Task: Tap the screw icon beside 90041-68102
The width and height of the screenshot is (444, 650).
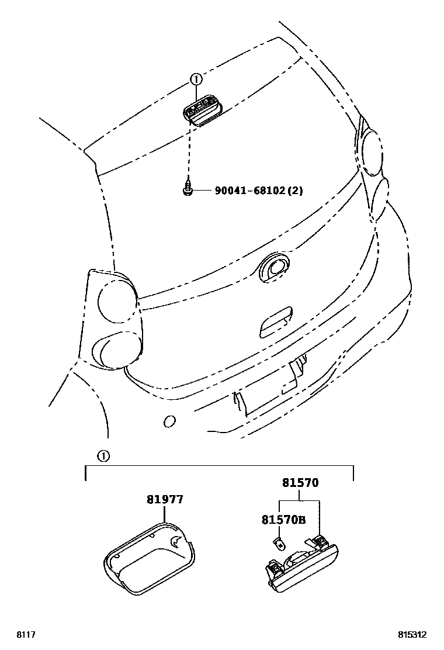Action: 188,189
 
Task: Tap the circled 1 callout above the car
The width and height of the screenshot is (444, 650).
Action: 196,79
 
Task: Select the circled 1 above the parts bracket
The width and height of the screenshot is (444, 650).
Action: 102,457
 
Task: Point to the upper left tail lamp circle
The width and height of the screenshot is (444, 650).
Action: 115,298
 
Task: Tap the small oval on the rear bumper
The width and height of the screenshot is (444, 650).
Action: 170,421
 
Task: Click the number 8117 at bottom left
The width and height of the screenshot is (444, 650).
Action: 25,634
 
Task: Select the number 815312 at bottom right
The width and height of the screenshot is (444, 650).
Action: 412,634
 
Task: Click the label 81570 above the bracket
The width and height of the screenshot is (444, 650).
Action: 300,483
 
